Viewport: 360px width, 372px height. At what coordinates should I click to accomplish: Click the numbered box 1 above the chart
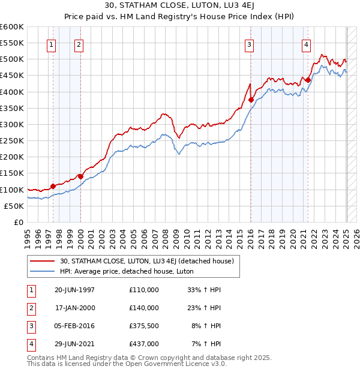click(51, 44)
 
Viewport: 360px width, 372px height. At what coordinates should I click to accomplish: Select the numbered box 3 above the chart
click(248, 44)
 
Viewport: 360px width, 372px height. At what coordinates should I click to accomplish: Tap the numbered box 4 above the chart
click(306, 44)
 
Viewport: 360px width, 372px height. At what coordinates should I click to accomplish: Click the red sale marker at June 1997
click(53, 186)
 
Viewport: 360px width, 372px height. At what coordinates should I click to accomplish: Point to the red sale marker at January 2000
click(80, 176)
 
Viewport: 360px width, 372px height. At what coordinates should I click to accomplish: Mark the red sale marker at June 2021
click(308, 80)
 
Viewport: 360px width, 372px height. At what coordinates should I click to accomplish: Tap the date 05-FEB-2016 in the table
click(74, 326)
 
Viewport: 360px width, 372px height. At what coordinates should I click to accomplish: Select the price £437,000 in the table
click(144, 344)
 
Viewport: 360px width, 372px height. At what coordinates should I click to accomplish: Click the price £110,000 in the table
click(144, 290)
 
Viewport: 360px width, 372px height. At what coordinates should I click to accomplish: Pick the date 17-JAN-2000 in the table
click(75, 308)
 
